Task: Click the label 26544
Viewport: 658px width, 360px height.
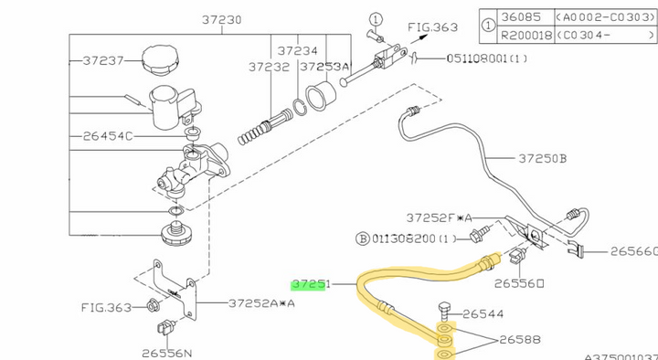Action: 483,313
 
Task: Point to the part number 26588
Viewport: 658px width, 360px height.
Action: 521,340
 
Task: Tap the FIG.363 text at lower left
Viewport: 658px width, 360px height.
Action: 108,306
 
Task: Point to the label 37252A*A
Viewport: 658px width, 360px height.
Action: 262,302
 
